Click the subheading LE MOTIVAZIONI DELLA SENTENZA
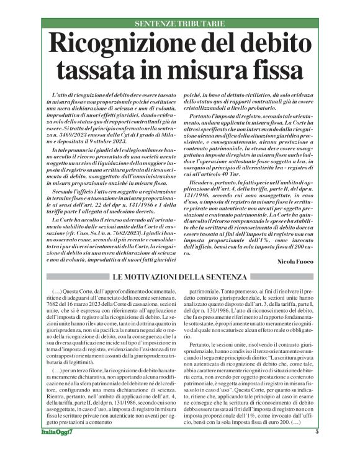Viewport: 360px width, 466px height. click(x=179, y=276)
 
